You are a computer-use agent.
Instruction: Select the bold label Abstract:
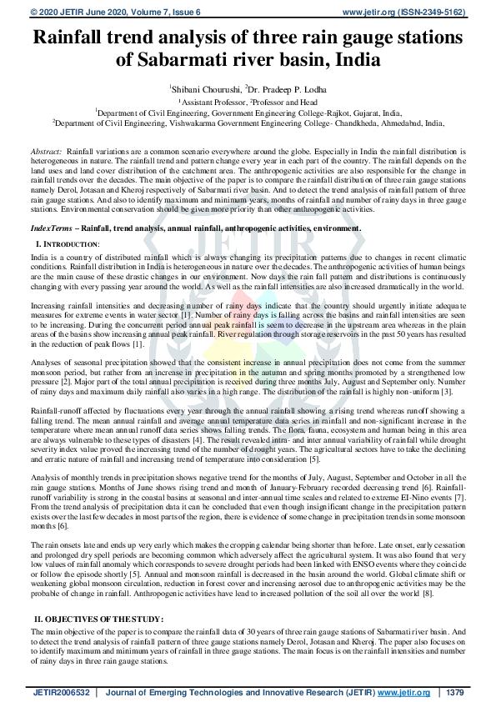click(x=47, y=151)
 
